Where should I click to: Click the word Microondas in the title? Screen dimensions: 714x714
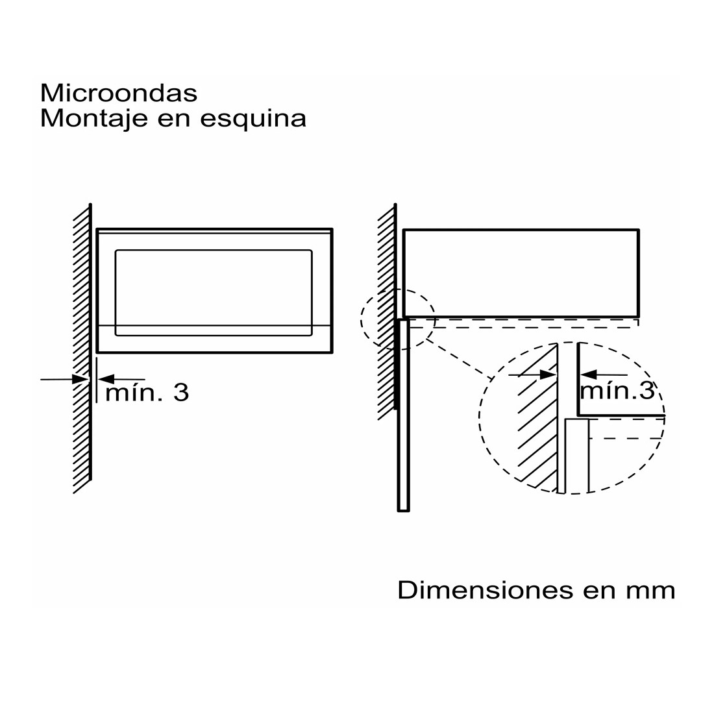pyautogui.click(x=119, y=93)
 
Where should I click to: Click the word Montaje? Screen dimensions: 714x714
pyautogui.click(x=94, y=119)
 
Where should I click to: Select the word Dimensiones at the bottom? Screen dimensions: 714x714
pyautogui.click(x=486, y=590)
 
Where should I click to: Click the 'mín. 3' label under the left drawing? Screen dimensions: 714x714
pyautogui.click(x=147, y=393)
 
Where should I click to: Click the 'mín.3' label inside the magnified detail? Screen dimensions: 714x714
pyautogui.click(x=617, y=391)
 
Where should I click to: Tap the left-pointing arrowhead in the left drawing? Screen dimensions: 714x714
pyautogui.click(x=106, y=378)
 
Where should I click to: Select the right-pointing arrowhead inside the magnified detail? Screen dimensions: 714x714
pyautogui.click(x=548, y=375)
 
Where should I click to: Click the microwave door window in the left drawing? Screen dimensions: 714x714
pyautogui.click(x=214, y=293)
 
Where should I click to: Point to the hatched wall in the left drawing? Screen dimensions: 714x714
pyautogui.click(x=82, y=349)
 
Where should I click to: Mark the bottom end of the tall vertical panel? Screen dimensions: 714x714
pyautogui.click(x=404, y=511)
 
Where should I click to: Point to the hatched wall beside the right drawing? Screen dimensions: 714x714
pyautogui.click(x=387, y=312)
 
